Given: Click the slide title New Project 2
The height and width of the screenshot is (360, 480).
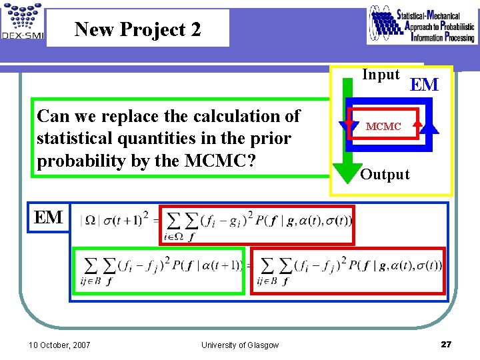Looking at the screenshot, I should point(137,29).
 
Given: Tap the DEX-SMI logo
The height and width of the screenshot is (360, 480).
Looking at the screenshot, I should point(22,23).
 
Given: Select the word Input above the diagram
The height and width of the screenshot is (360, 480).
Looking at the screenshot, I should point(381,75).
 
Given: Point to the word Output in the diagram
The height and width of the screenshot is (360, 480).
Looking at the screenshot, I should point(385,175).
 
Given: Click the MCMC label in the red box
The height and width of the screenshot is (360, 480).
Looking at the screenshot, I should point(383,126).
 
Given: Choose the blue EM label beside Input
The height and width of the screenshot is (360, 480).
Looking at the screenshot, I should point(424,85).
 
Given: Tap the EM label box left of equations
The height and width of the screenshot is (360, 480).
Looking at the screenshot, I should point(49,217).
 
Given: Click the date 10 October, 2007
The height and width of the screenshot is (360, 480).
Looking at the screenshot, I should point(60,345).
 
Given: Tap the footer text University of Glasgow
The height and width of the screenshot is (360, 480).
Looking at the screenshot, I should point(240,345).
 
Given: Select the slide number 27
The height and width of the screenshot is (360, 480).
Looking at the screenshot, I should point(446,344).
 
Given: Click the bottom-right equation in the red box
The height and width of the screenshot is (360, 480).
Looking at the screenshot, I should point(349,270).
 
